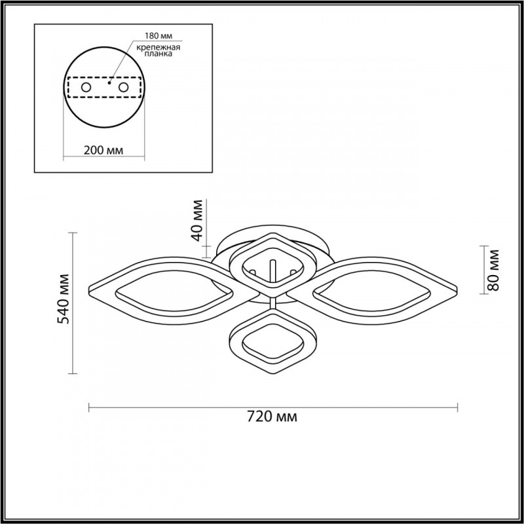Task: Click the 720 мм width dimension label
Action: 272,417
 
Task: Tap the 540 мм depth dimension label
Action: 63,299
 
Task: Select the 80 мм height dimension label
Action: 493,271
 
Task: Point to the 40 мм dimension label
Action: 197,221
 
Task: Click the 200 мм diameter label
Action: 103,151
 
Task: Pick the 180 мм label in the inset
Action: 159,36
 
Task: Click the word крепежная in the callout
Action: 159,47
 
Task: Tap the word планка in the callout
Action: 159,54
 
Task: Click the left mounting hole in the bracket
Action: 86,88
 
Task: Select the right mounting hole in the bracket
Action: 123,88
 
